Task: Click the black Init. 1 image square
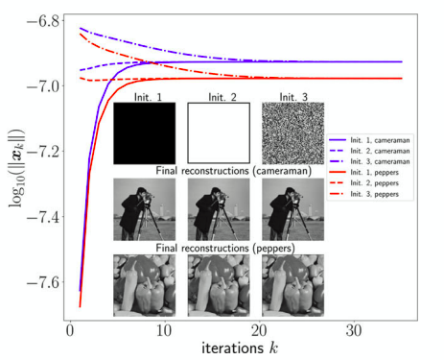pos(144,134)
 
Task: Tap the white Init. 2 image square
pos(218,134)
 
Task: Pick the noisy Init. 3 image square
pos(292,134)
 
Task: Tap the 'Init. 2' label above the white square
pos(219,97)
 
